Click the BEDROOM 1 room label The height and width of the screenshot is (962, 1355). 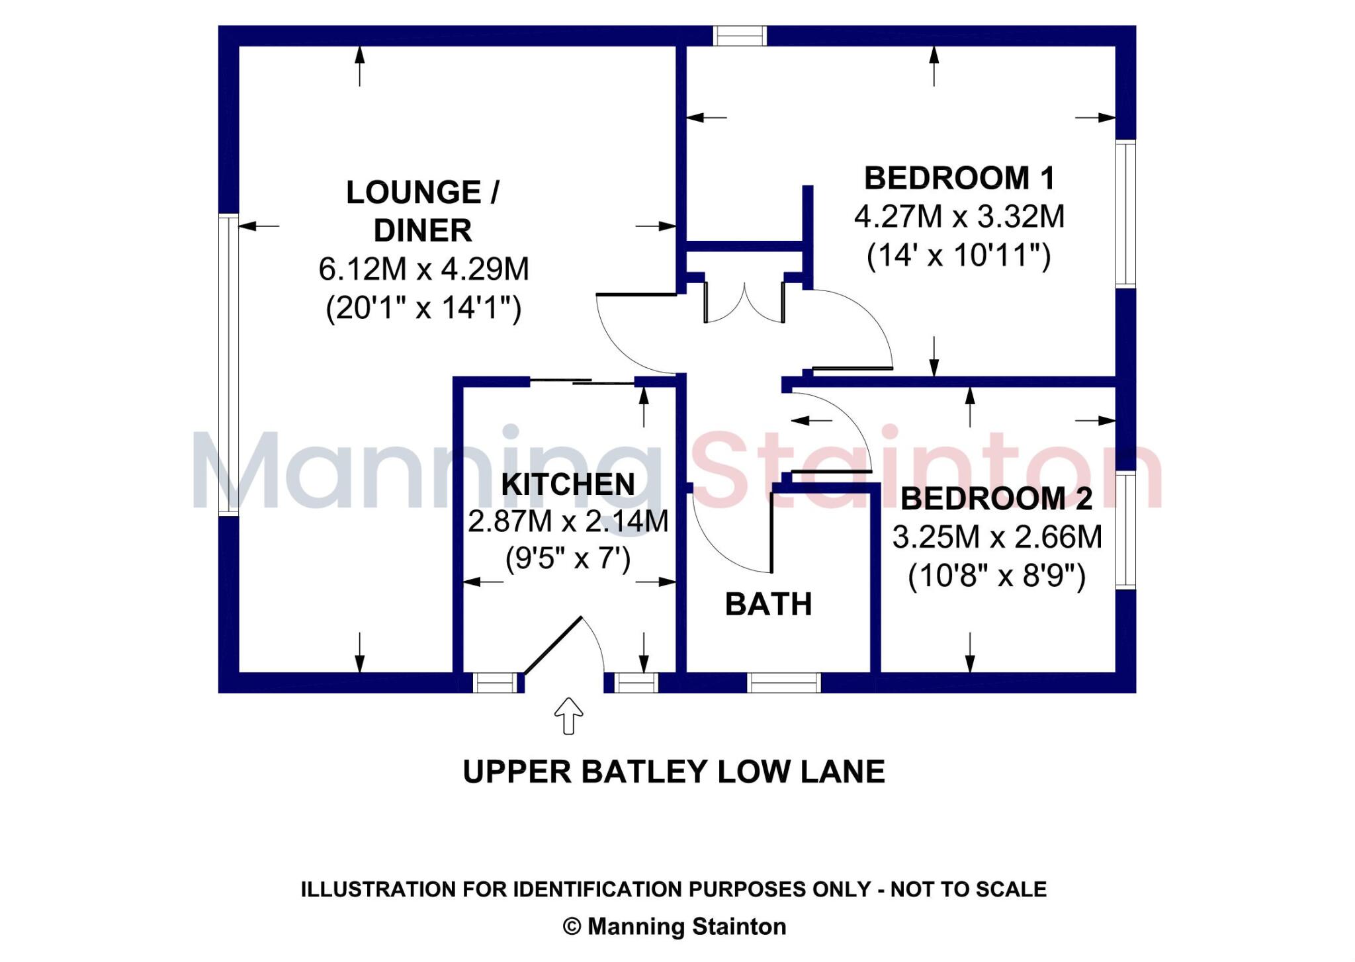click(959, 178)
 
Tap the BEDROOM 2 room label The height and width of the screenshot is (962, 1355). click(996, 499)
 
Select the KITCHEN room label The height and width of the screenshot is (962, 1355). click(568, 484)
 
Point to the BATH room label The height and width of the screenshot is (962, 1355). click(768, 604)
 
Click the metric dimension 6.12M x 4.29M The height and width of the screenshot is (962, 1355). click(424, 269)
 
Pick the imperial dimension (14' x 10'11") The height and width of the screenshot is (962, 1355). click(959, 255)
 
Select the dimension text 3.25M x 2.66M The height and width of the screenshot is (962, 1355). click(997, 537)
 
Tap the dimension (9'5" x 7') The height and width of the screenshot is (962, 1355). click(568, 559)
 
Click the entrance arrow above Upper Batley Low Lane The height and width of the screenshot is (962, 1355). click(568, 716)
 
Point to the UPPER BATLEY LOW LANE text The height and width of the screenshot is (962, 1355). click(674, 772)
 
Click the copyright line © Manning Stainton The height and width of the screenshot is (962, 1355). click(674, 927)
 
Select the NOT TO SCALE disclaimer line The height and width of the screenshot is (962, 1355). click(674, 889)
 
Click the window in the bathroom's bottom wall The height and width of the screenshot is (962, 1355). click(784, 683)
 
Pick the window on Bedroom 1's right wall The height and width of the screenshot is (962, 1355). click(1125, 214)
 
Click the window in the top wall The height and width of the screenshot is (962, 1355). click(740, 36)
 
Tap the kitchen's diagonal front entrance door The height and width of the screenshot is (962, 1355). click(553, 645)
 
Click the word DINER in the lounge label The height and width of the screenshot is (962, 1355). click(423, 231)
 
